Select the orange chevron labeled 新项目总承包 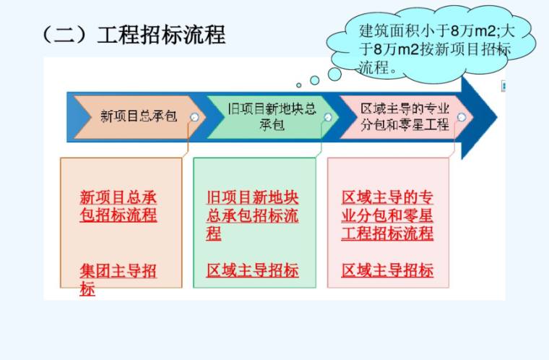137,116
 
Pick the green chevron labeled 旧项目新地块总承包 271,116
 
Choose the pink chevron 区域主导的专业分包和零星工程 405,116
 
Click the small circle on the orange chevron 194,117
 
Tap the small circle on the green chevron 328,117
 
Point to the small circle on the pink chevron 462,117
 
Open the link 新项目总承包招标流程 118,207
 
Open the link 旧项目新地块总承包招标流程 252,215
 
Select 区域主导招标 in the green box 252,271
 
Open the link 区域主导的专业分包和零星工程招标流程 387,215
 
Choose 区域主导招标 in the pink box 387,271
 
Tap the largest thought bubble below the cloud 334,74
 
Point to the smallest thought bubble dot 299,85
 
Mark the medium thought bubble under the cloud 315,80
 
